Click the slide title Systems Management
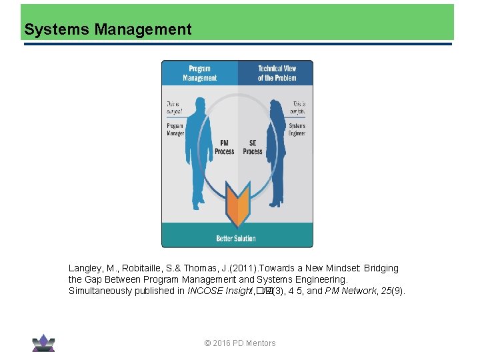pyautogui.click(x=107, y=29)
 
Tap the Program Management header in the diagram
pyautogui.click(x=199, y=73)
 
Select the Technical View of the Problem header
pyautogui.click(x=277, y=73)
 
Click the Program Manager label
pyautogui.click(x=175, y=129)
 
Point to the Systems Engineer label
pyautogui.click(x=297, y=129)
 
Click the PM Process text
pyautogui.click(x=225, y=147)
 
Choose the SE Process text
pyautogui.click(x=253, y=147)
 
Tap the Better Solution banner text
pyautogui.click(x=236, y=238)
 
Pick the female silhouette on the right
pyautogui.click(x=276, y=150)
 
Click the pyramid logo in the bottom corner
pyautogui.click(x=43, y=343)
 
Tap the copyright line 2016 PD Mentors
pyautogui.click(x=240, y=343)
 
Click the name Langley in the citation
pyautogui.click(x=85, y=268)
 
